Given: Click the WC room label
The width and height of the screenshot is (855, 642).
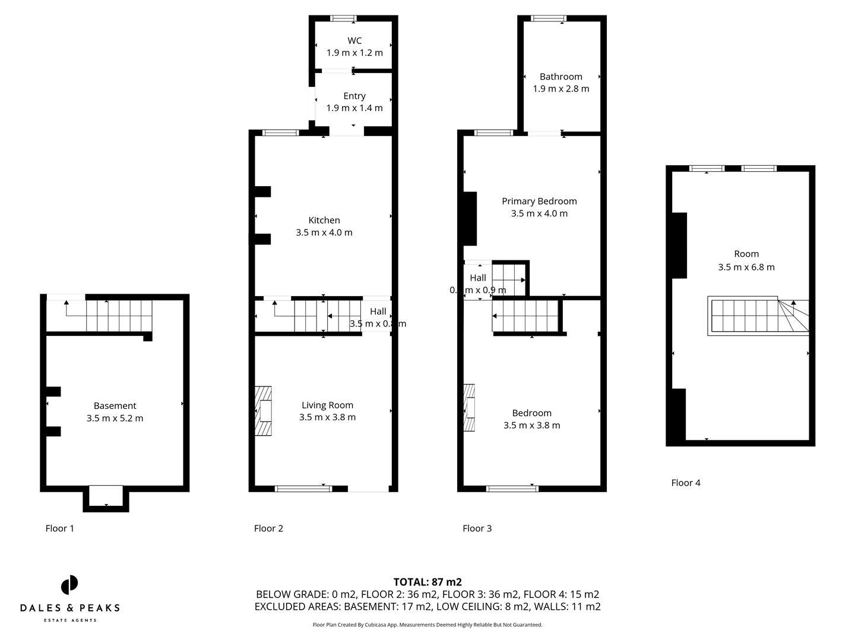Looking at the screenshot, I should pyautogui.click(x=354, y=40).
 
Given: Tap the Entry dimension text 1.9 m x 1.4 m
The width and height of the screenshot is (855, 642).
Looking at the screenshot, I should pyautogui.click(x=354, y=108).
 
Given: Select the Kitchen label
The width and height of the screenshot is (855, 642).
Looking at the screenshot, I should pyautogui.click(x=324, y=220).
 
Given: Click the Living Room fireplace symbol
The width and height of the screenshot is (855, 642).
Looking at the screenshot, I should pyautogui.click(x=263, y=411).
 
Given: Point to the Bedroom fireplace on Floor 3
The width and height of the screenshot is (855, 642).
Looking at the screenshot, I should pyautogui.click(x=470, y=408).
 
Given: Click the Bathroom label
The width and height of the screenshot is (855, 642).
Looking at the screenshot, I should pyautogui.click(x=560, y=77).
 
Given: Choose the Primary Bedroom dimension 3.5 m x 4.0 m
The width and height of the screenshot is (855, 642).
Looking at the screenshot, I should pyautogui.click(x=539, y=213).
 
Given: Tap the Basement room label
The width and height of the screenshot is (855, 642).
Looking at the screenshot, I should pyautogui.click(x=115, y=405).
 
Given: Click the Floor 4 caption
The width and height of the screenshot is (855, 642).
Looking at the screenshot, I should pyautogui.click(x=686, y=483).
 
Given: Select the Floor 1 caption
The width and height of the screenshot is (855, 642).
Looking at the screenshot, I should pyautogui.click(x=60, y=528).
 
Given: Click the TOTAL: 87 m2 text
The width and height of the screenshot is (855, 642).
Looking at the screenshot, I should pyautogui.click(x=427, y=582).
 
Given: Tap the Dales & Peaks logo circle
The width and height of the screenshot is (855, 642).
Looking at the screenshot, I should pyautogui.click(x=69, y=585).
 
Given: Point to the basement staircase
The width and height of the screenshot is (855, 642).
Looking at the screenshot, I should pyautogui.click(x=119, y=316).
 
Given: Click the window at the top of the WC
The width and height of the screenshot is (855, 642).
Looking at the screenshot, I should pyautogui.click(x=343, y=18).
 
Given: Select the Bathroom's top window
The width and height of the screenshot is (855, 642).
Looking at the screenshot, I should pyautogui.click(x=549, y=18).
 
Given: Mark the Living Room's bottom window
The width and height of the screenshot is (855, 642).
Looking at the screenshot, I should pyautogui.click(x=303, y=489).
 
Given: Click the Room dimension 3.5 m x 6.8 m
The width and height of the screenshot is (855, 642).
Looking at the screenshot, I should pyautogui.click(x=746, y=267).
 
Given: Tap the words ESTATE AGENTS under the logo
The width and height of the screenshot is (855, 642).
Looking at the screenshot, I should pyautogui.click(x=70, y=621).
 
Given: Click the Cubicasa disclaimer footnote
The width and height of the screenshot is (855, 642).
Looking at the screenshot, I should pyautogui.click(x=427, y=625).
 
